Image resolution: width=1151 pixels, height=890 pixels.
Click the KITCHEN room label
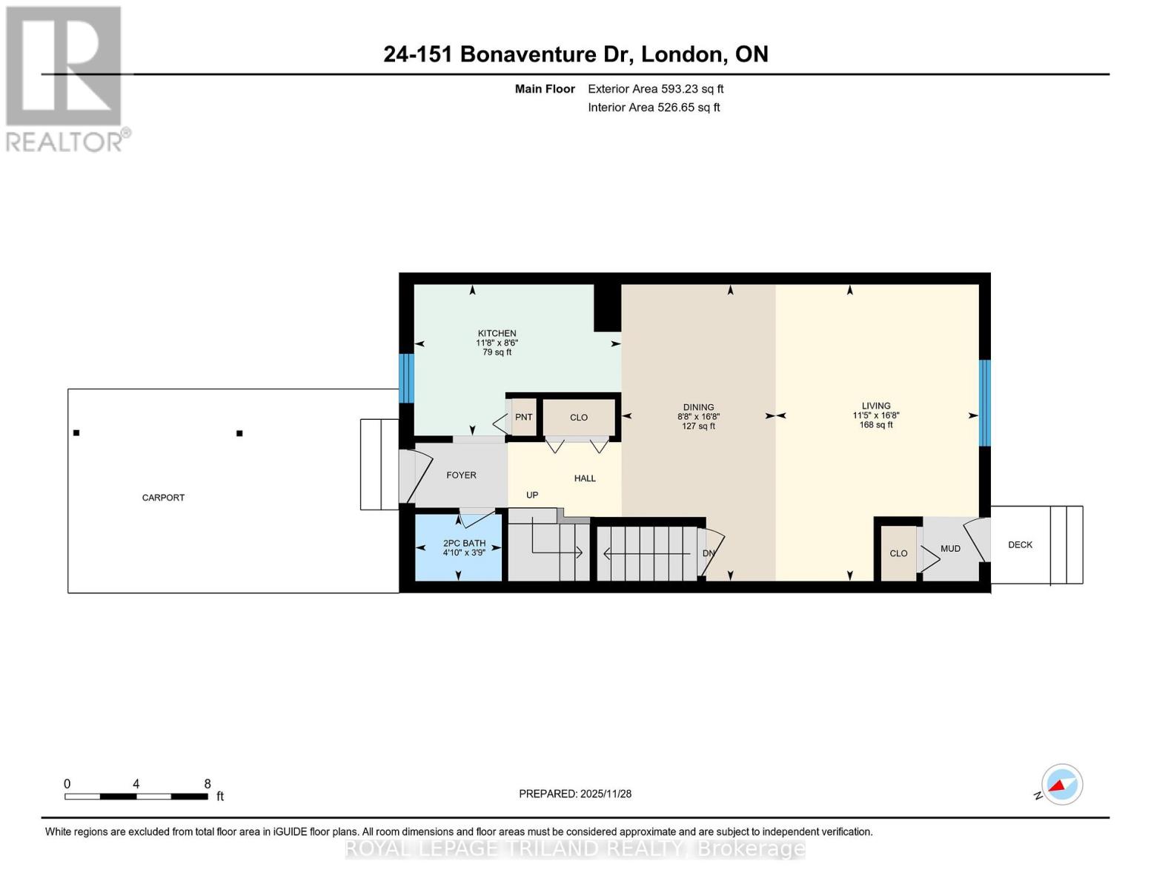click(497, 333)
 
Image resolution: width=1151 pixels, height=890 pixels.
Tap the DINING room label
click(698, 407)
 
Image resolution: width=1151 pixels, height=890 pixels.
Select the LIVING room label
click(875, 406)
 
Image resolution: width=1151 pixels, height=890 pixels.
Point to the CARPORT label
click(163, 497)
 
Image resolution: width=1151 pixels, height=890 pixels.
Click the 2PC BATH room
click(458, 547)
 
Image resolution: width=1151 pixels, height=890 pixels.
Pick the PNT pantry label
click(523, 417)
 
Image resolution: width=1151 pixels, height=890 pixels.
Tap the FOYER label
click(461, 475)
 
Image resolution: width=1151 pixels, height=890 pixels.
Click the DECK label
click(1020, 544)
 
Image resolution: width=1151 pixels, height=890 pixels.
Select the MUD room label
click(950, 548)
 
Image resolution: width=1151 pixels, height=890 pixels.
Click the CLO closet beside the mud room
click(898, 553)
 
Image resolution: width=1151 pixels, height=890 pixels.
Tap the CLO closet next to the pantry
click(579, 417)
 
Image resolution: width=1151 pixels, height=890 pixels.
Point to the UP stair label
click(532, 495)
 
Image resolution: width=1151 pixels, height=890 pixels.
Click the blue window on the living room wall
click(984, 403)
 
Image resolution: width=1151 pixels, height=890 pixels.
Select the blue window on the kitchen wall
click(405, 378)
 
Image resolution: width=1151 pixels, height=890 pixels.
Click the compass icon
click(1061, 785)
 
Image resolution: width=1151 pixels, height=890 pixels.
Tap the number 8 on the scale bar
click(207, 783)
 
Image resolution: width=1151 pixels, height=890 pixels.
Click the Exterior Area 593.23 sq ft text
click(655, 88)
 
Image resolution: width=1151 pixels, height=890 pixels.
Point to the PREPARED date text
click(574, 794)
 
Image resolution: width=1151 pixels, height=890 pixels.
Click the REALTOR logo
click(66, 79)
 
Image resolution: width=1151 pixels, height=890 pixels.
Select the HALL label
click(585, 478)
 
